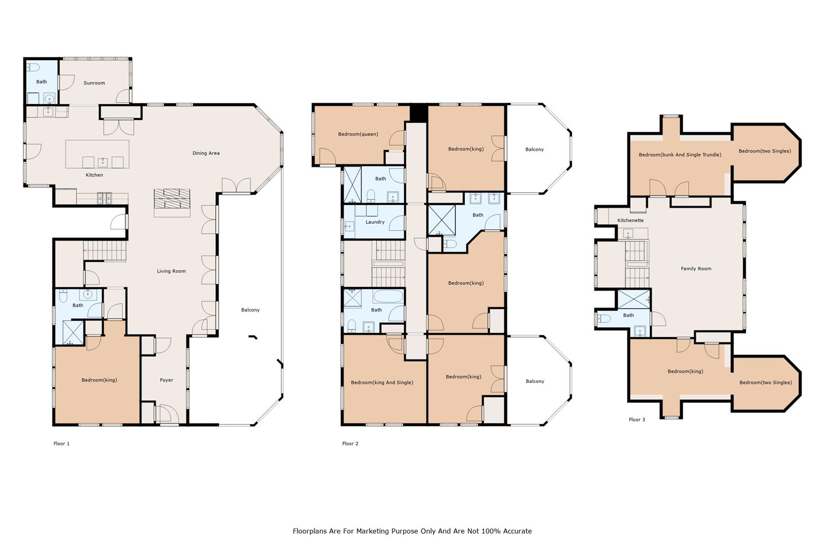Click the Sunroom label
(94, 83)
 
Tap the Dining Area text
(206, 153)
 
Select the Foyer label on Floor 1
(166, 380)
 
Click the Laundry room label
(375, 222)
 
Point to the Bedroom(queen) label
(358, 134)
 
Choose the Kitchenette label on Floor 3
(631, 221)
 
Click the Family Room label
(696, 269)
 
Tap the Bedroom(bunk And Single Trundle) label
(680, 155)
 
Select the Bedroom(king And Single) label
(382, 382)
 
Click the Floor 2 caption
(350, 444)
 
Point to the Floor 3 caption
(637, 420)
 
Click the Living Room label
(172, 271)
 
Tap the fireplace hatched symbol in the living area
(172, 199)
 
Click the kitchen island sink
(103, 162)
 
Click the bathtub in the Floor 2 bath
(388, 296)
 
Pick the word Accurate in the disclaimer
(517, 531)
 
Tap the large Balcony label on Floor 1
(250, 310)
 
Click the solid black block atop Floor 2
(419, 114)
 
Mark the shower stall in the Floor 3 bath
(634, 299)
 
